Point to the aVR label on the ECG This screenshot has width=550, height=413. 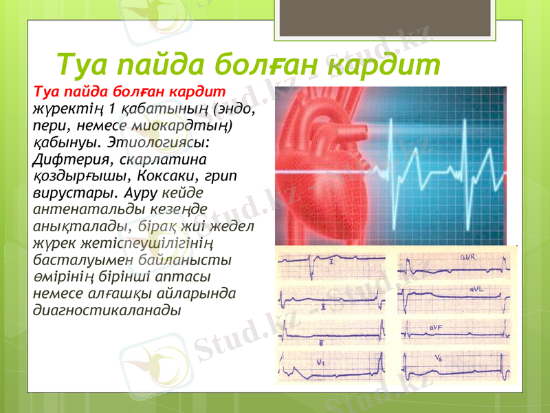[x=468, y=257]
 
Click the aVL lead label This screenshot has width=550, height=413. [x=479, y=290]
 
